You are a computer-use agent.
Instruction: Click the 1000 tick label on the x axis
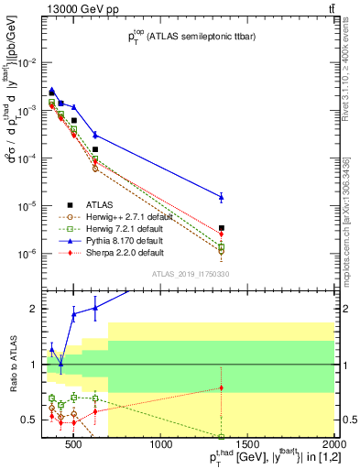(162, 446)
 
